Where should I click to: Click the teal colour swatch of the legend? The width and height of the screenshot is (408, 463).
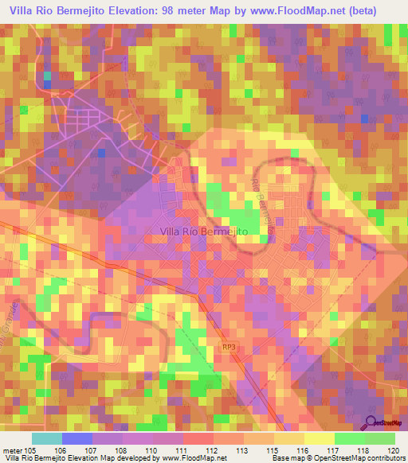(46, 438)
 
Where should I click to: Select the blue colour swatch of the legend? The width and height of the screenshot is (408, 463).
(76, 438)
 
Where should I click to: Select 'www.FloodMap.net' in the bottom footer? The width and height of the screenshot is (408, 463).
(190, 458)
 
